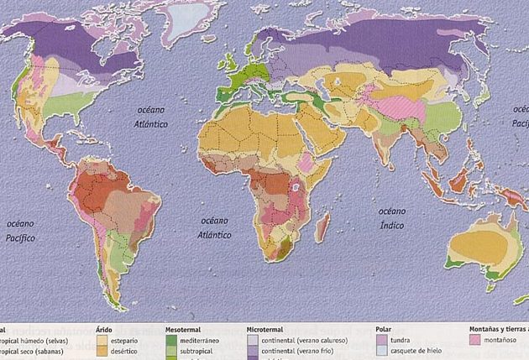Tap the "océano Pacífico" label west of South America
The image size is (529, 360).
(x=25, y=232)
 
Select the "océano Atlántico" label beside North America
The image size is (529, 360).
(x=155, y=118)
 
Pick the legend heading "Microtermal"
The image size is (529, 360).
(x=268, y=331)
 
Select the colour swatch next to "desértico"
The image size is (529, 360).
(x=102, y=353)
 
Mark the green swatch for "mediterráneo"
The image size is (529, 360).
(x=171, y=342)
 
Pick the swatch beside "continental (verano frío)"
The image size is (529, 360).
(x=254, y=353)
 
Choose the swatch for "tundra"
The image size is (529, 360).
(x=383, y=342)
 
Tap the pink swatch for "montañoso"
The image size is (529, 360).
(x=477, y=342)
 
